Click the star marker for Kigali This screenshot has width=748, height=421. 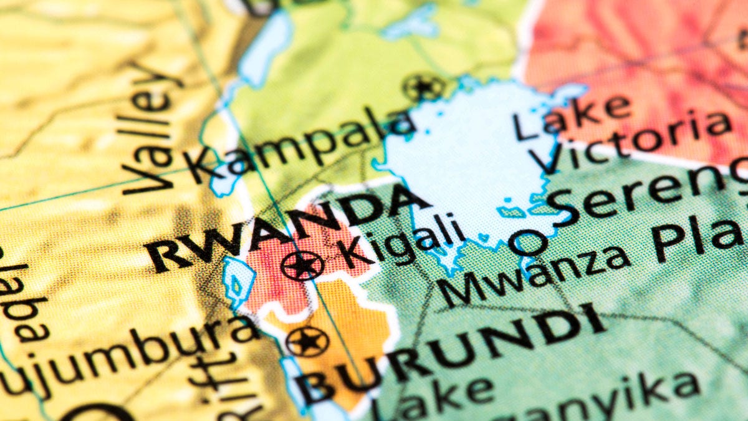302,266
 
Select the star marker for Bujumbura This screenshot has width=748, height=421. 307,341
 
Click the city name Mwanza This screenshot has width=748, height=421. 536,274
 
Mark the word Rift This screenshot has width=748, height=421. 218,387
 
